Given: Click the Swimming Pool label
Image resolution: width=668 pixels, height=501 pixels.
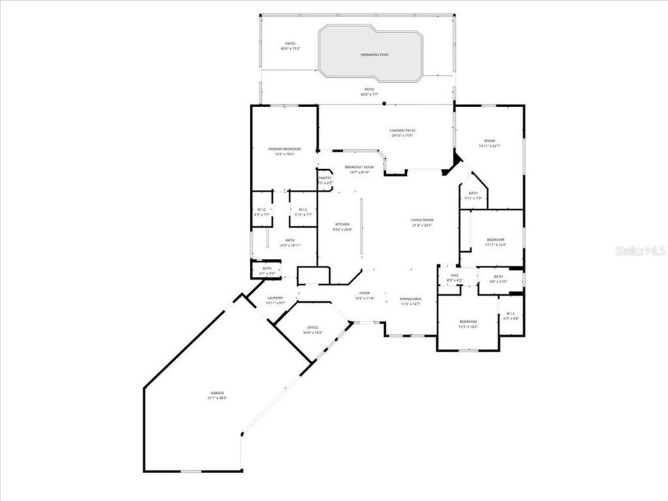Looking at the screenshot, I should coord(374,54).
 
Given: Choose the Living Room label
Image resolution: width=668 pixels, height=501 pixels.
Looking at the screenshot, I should coord(422,223).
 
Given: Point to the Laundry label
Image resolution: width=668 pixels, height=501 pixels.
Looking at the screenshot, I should coord(276,300).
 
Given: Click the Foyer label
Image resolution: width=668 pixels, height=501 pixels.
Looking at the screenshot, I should coord(365,295).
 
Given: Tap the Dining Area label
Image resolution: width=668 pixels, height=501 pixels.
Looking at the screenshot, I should coord(411,301).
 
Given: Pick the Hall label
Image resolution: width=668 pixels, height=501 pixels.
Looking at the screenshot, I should coord(455,278).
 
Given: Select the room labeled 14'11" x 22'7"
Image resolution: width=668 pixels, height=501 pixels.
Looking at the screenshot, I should coord(490,143).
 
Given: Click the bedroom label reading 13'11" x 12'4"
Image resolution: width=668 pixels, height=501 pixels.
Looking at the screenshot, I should coord(495,241).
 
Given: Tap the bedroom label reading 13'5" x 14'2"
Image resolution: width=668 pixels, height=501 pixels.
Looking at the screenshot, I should coord(468,324).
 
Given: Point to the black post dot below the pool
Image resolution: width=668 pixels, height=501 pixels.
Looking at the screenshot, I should coord(384,104).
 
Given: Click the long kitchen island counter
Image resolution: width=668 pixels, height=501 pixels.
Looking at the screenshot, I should coord(360,227).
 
